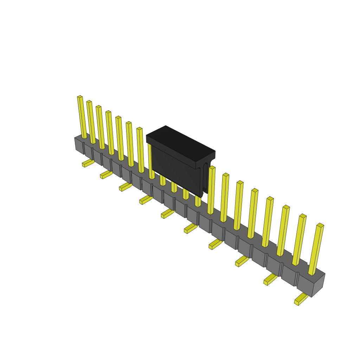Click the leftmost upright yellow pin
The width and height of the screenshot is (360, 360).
pos(82,118)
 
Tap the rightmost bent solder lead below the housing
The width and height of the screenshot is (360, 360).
pos(301,299)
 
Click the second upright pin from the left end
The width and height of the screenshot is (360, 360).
pos(91,122)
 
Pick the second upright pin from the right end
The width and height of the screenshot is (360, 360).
pos(299,240)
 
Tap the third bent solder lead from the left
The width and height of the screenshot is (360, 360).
pos(125,187)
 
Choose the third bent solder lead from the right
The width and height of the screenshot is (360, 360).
pos(242,261)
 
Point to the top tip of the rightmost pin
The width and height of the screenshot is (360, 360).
pos(320,225)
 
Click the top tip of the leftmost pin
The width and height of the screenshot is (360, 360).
pos(80,97)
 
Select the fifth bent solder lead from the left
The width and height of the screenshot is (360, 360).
pos(167,214)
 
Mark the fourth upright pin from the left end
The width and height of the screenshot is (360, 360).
pos(110,133)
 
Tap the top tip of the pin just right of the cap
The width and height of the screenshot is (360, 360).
pos(212,168)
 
